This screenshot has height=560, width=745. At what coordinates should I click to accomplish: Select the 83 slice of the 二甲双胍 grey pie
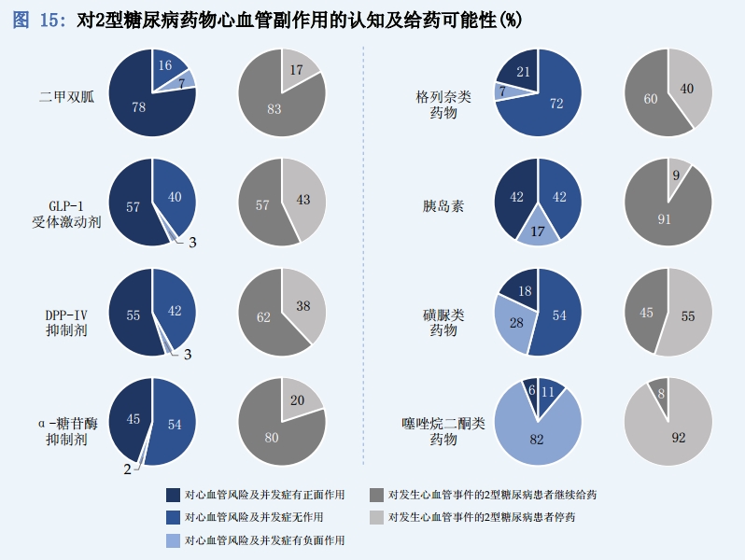(x=274, y=108)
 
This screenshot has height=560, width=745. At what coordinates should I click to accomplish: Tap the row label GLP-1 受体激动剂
(x=67, y=214)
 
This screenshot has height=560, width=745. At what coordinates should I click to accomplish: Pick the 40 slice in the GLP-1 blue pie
(x=175, y=196)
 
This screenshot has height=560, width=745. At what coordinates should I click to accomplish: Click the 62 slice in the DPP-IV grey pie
(x=263, y=318)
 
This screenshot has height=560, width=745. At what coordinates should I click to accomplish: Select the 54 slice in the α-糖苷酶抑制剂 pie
(x=173, y=425)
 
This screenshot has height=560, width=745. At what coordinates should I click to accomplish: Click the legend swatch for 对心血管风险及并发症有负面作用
(x=174, y=539)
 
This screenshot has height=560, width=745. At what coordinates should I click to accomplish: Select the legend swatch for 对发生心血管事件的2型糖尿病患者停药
(x=377, y=516)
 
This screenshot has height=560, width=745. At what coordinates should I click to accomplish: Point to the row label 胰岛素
(x=443, y=206)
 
